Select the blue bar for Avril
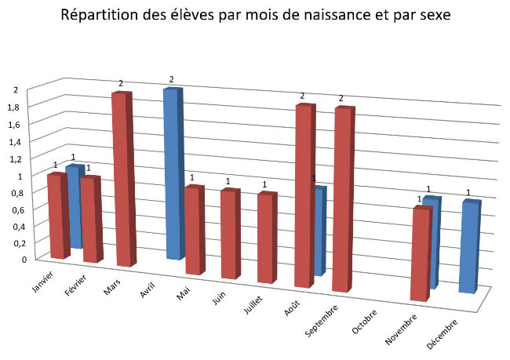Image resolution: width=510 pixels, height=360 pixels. click(172, 174)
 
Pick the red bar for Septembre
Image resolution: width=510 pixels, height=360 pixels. click(343, 200)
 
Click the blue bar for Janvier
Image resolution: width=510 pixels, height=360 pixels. click(74, 205)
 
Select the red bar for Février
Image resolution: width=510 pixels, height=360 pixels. click(91, 220)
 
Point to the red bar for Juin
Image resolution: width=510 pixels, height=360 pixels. click(229, 234)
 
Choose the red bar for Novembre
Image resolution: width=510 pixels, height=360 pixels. click(421, 253)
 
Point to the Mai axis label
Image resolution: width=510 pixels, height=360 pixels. click(184, 293)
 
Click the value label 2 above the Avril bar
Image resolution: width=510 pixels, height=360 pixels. click(171, 79)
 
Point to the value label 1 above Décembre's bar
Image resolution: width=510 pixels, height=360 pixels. click(468, 193)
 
